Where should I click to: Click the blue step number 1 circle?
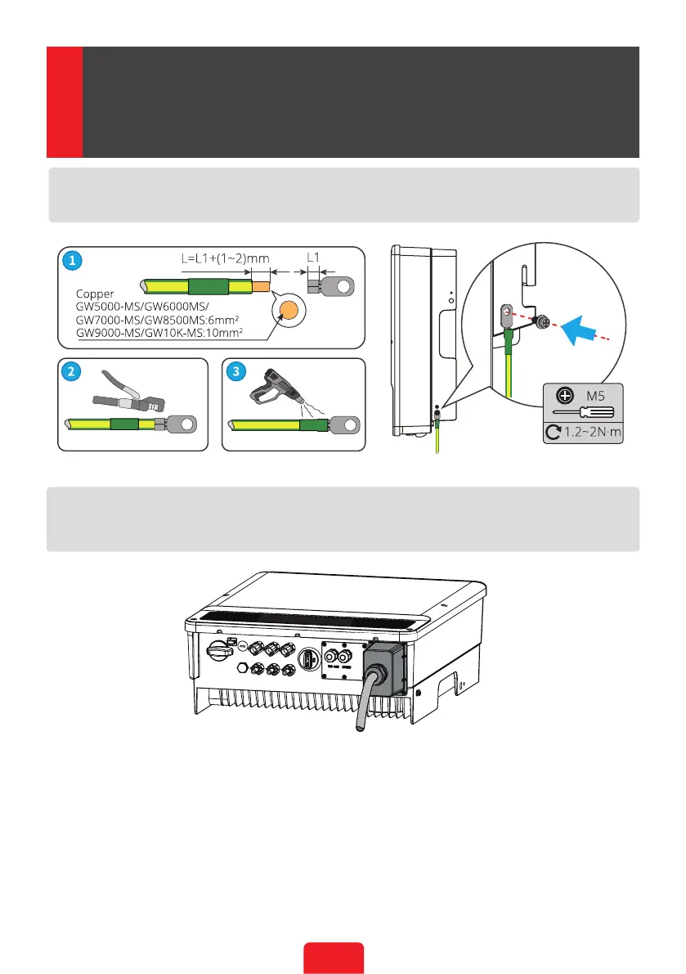[x=73, y=262]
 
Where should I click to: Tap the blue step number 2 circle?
[x=73, y=371]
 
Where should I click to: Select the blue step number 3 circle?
[x=237, y=371]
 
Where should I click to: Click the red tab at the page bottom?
[x=333, y=958]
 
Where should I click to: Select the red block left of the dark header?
[x=64, y=101]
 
